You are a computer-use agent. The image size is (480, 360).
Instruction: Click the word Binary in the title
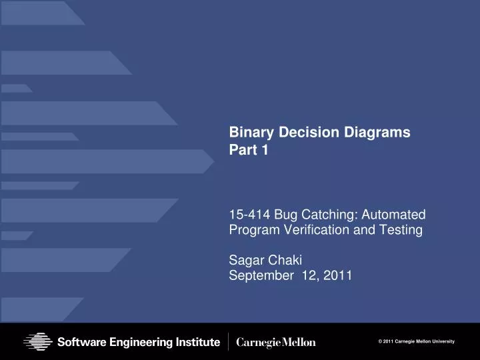pos(247,133)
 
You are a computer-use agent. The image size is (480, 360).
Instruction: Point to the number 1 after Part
pos(265,151)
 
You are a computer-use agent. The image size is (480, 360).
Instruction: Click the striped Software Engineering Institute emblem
pos(39,342)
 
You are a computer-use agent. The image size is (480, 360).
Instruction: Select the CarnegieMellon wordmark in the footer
pos(277,342)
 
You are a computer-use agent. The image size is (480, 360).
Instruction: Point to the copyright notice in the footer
pos(416,341)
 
